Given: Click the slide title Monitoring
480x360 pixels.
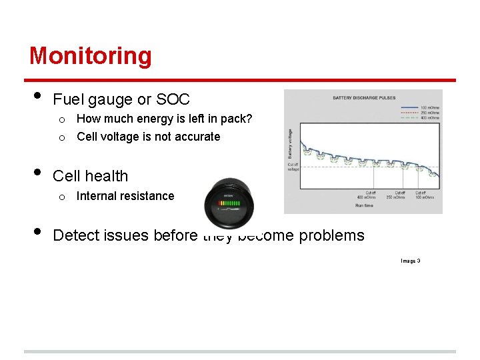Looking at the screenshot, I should click(91, 55).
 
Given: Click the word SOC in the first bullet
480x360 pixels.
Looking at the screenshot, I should click(173, 100).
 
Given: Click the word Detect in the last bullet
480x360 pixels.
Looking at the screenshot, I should click(75, 235).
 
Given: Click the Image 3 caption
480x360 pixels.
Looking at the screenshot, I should click(410, 261).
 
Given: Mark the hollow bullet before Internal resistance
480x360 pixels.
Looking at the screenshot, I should click(61, 197).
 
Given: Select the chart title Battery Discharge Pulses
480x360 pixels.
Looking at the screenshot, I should click(363, 98).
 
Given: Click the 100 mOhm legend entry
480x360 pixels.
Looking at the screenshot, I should click(429, 106).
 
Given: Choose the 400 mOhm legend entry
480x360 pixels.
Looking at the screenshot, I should click(429, 117).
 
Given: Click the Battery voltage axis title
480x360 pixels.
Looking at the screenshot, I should click(290, 143).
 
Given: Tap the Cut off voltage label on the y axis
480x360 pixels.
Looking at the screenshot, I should click(293, 167).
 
